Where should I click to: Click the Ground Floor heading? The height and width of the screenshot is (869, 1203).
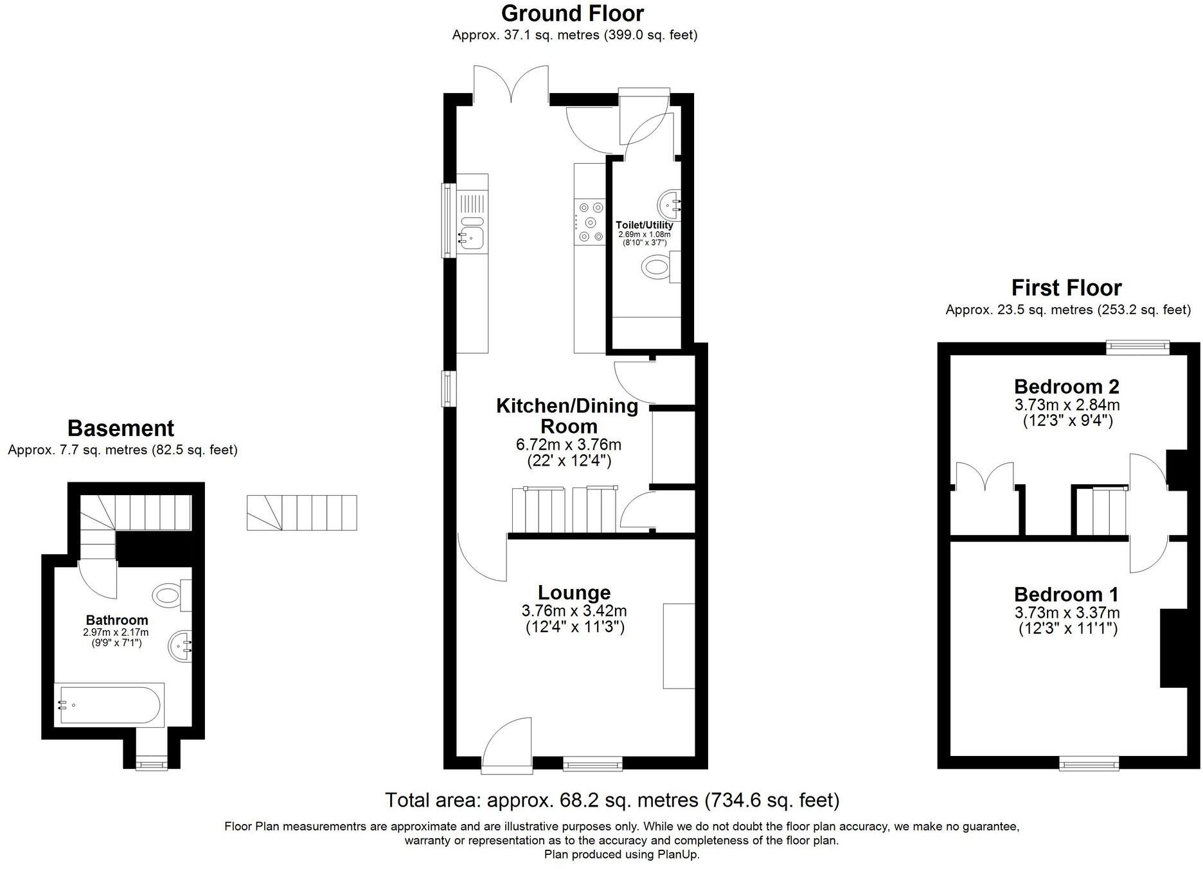[x=572, y=13]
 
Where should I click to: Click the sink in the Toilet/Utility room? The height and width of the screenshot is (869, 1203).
[x=668, y=204]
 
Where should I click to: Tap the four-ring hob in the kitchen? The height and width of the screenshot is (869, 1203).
[x=591, y=222]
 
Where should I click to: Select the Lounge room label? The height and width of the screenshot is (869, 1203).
[x=574, y=592]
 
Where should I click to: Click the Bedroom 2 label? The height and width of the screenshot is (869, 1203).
[x=1066, y=387]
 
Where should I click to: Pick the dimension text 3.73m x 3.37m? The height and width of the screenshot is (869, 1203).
[x=1067, y=613]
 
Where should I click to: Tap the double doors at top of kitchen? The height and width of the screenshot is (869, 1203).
[x=512, y=83]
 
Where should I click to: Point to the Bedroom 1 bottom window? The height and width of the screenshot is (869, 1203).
[x=1089, y=763]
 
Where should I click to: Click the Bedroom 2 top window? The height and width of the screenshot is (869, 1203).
[x=1137, y=347]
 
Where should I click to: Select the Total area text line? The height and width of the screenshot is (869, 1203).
[x=612, y=800]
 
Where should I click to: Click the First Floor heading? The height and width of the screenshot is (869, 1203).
[x=1066, y=288]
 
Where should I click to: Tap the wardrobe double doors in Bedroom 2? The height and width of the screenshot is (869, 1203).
[x=985, y=477]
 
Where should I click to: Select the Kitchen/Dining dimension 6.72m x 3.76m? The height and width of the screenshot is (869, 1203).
[x=569, y=444]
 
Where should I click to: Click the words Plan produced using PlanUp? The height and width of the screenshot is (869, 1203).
[x=621, y=854]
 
